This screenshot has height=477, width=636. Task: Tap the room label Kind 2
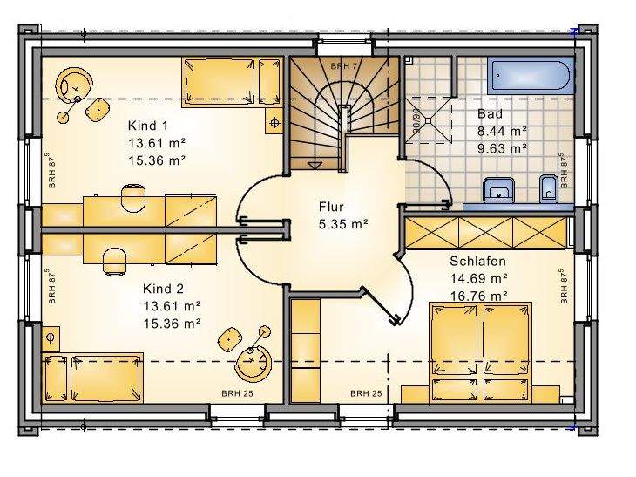(164, 288)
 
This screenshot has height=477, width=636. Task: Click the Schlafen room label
(477, 261)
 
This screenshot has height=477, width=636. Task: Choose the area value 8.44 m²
(502, 131)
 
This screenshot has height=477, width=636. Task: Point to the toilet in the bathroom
(546, 187)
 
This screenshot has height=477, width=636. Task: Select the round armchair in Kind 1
(76, 85)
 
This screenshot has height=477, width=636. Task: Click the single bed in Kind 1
(232, 80)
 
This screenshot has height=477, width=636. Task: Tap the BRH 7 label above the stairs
(344, 65)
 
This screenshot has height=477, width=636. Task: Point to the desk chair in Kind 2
(114, 258)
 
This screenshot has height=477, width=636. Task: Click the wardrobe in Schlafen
(484, 234)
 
